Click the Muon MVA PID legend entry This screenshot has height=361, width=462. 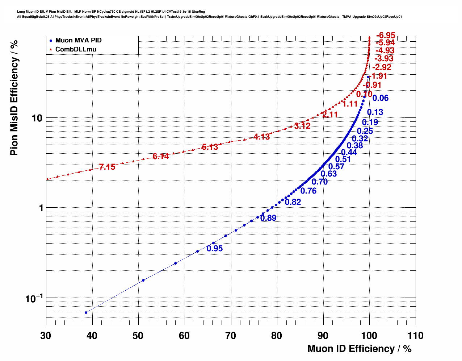(x=78, y=40)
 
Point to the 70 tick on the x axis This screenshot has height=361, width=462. (x=231, y=336)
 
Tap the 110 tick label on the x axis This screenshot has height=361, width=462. (x=415, y=336)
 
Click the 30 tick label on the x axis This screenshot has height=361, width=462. (x=46, y=336)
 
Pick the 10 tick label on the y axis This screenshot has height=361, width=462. (x=37, y=118)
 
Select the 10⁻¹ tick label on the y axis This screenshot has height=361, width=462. (x=34, y=299)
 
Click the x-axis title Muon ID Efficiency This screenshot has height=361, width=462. (x=359, y=349)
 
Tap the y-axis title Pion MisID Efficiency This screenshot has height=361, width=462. (x=14, y=98)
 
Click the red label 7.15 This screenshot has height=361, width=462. (x=107, y=167)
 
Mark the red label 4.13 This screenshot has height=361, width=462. (x=262, y=137)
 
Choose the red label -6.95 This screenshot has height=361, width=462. (x=386, y=36)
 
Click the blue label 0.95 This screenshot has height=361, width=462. (x=215, y=249)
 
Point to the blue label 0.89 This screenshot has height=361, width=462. (x=268, y=218)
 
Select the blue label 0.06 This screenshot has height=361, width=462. (x=381, y=98)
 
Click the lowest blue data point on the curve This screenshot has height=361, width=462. (x=86, y=312)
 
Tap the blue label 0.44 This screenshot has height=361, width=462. (x=349, y=153)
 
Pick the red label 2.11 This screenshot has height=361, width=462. (x=330, y=115)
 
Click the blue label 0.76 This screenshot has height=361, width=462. (x=308, y=191)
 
